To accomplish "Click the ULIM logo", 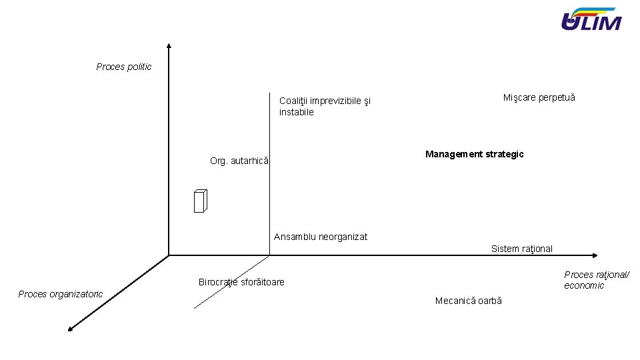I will [x=591, y=20].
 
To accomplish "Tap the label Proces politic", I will [x=124, y=67].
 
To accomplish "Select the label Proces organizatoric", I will [x=61, y=294].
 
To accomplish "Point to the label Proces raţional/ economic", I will [x=596, y=280].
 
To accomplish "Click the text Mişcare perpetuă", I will [x=539, y=97].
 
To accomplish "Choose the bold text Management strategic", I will [x=474, y=154].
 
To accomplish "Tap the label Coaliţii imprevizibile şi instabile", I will [x=325, y=107].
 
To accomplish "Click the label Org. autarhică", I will [x=239, y=161].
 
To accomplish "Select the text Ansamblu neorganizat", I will [x=320, y=237].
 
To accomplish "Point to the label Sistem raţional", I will [x=521, y=249].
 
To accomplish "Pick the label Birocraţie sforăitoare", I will [x=241, y=282].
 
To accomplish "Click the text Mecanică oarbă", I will [x=468, y=301].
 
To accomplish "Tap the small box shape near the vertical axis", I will [x=201, y=201].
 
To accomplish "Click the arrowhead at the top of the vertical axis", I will [x=169, y=46].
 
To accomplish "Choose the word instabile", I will [x=296, y=112].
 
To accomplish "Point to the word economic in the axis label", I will [x=584, y=285].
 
